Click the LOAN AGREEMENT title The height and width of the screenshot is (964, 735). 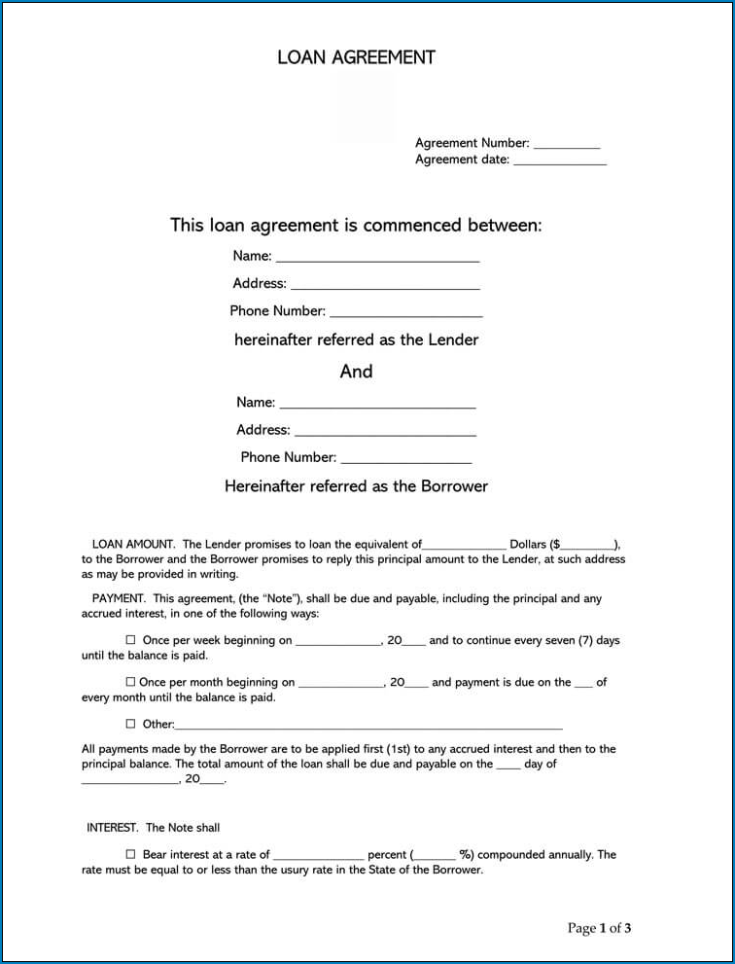click(356, 57)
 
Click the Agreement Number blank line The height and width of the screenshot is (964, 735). click(567, 145)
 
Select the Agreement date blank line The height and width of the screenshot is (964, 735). click(560, 161)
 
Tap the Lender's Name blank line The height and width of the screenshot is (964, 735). click(377, 259)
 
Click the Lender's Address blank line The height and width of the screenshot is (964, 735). click(385, 286)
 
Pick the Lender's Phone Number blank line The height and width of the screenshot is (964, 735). click(405, 313)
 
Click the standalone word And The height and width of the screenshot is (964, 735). click(356, 372)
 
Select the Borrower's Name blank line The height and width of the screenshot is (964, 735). click(377, 405)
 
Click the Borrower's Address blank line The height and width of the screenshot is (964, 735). click(385, 432)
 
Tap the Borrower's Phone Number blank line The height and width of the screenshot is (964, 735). click(405, 459)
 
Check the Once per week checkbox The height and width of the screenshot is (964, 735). click(130, 640)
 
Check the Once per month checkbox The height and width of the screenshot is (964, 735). click(130, 682)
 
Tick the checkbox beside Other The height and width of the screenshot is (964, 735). click(130, 724)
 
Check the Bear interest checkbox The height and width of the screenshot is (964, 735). click(130, 854)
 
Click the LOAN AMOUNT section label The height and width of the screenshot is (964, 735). click(133, 545)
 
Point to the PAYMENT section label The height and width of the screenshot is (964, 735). click(119, 598)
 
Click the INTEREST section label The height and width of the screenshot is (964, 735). click(113, 828)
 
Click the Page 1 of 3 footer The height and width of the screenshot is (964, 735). click(599, 928)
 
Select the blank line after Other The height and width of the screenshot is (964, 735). click(368, 726)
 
